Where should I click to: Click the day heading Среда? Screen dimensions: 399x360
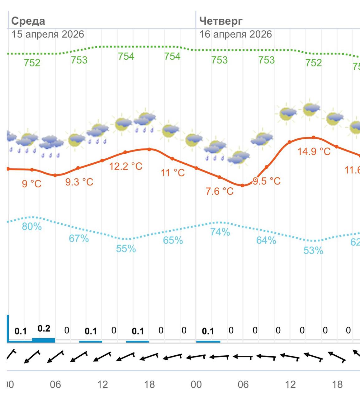coord(28,21)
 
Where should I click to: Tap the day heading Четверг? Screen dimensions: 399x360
coord(221,21)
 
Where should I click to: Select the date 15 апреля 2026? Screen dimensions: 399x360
coord(48,34)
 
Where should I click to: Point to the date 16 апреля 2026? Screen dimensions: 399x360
coord(235,34)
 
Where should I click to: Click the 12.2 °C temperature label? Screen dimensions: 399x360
coord(126,166)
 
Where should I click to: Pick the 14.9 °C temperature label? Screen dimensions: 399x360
coord(314,151)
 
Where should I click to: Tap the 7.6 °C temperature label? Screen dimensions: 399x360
coord(219,191)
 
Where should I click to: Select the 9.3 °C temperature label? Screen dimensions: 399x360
coord(79,182)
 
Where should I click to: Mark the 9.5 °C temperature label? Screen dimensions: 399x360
coord(267,181)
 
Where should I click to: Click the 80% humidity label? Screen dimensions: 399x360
coord(32,226)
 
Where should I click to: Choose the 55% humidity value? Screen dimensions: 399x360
coord(126,249)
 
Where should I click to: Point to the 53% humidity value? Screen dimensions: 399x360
coord(313,250)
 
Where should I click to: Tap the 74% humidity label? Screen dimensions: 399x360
coord(220,232)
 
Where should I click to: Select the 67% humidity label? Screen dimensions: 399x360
coord(79,239)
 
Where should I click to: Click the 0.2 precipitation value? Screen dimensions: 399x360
coord(44,328)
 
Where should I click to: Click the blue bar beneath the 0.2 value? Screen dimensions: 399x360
coord(44,340)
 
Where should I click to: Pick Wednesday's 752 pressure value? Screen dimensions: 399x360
coord(32,63)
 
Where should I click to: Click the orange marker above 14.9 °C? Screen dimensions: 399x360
coord(314,137)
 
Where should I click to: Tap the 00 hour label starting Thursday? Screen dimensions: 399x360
coord(196,384)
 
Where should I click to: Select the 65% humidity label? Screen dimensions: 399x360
coord(173,240)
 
